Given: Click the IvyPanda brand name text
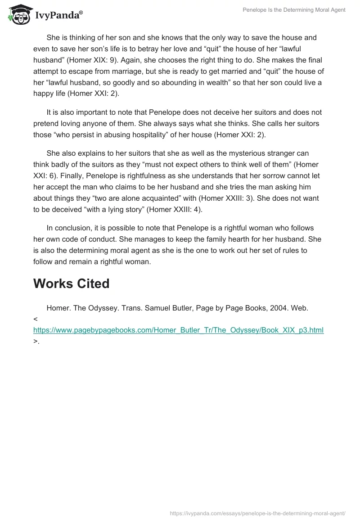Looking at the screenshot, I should click(58, 15).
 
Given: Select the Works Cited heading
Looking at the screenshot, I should click(71, 283).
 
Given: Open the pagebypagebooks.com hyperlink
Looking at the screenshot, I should click(178, 330).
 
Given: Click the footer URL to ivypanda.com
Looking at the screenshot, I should click(258, 513).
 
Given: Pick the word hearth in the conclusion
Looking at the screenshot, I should click(225, 239).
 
